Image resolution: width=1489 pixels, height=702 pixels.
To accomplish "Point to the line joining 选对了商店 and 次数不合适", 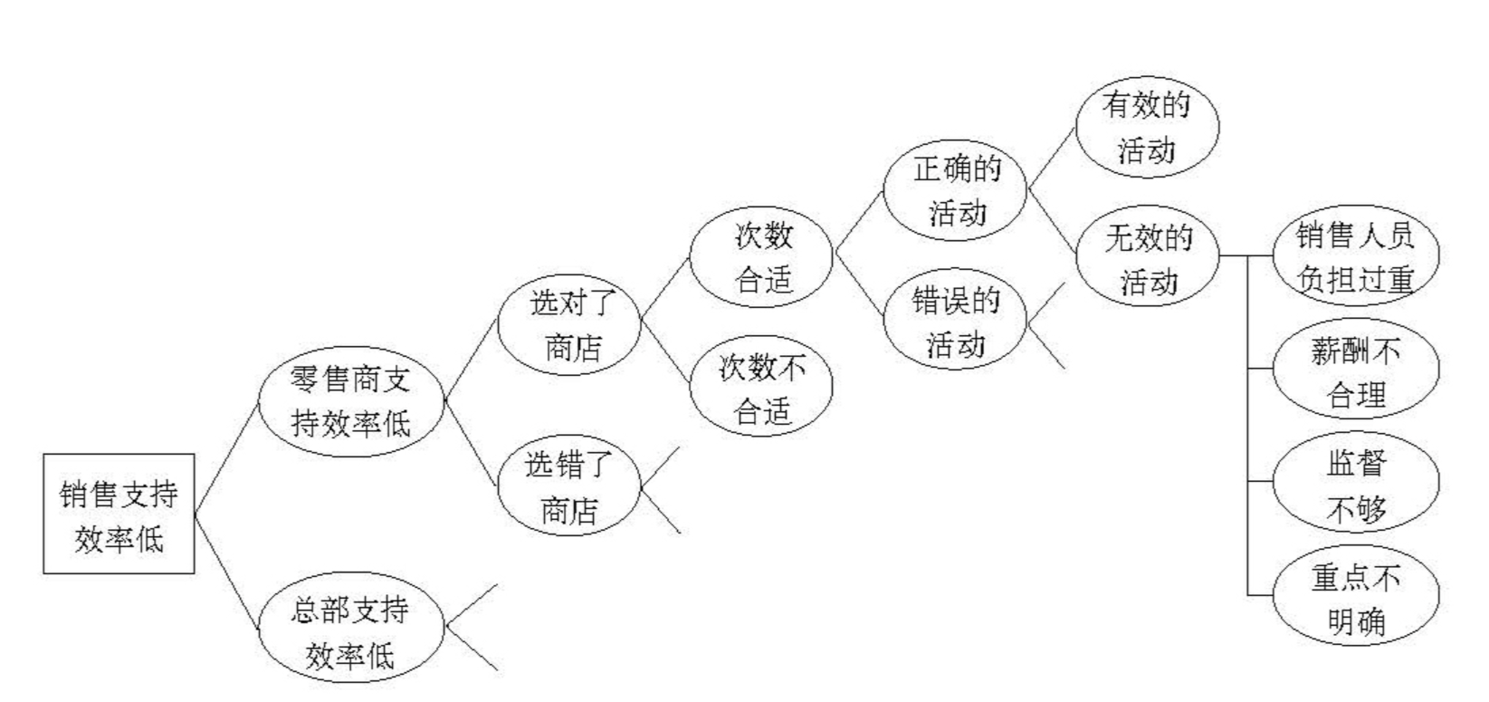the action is coord(664,354).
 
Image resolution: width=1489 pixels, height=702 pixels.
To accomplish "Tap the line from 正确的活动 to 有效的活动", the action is coord(1052,159).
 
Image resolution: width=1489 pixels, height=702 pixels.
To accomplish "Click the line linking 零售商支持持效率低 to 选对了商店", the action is coord(471,361).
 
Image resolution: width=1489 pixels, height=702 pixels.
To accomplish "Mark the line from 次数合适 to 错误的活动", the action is coord(859,285).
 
